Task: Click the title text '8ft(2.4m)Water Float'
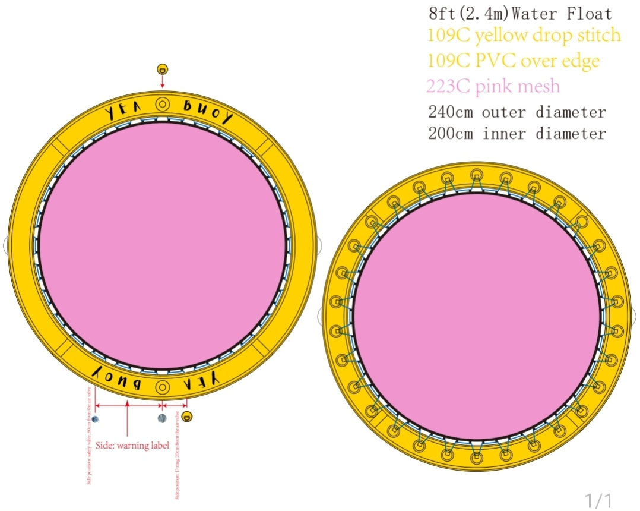point(519,13)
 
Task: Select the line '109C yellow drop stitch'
point(524,36)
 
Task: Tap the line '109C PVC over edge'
point(513,61)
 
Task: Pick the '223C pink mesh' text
point(493,86)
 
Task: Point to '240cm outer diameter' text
point(517,112)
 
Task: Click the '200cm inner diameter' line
point(517,133)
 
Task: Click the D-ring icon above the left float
point(162,69)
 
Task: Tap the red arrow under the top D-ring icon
point(162,82)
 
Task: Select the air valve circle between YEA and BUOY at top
point(162,105)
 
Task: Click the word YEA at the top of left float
point(123,111)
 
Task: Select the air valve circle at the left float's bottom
point(160,387)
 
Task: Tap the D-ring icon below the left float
point(187,416)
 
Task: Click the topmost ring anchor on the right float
point(476,176)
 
